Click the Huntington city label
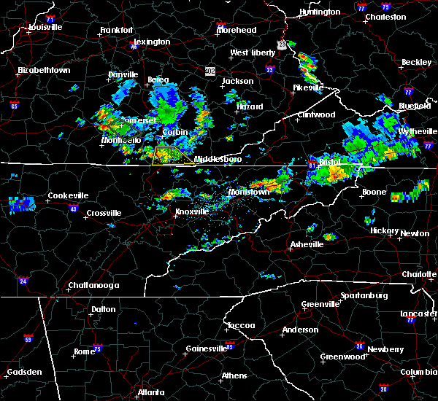click(x=320, y=12)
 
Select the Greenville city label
click(x=320, y=304)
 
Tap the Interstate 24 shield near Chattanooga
click(x=23, y=281)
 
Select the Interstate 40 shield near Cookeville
click(x=72, y=209)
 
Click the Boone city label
click(x=373, y=192)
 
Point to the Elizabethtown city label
click(x=44, y=71)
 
